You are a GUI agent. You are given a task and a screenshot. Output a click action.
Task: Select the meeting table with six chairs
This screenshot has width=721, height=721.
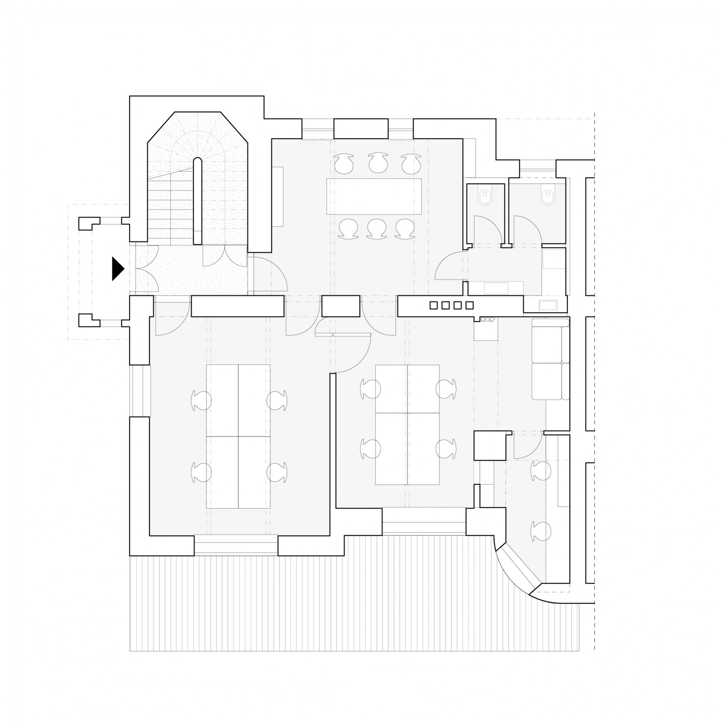(x=374, y=196)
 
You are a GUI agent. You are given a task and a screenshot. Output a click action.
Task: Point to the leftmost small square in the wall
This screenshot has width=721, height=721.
(x=434, y=305)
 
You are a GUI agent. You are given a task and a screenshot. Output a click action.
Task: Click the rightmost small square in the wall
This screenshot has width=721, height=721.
(x=469, y=305)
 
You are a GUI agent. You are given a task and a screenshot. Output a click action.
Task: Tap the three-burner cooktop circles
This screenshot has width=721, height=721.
(x=487, y=319)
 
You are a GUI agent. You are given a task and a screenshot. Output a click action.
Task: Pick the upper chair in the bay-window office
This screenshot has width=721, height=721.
(x=541, y=471)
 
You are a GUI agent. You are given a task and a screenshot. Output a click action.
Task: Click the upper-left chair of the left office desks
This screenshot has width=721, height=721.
(x=202, y=400)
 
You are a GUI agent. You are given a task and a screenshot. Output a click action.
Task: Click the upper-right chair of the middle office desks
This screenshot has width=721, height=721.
(x=446, y=389)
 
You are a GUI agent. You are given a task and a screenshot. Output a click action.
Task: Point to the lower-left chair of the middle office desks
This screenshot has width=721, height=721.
(x=371, y=448)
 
